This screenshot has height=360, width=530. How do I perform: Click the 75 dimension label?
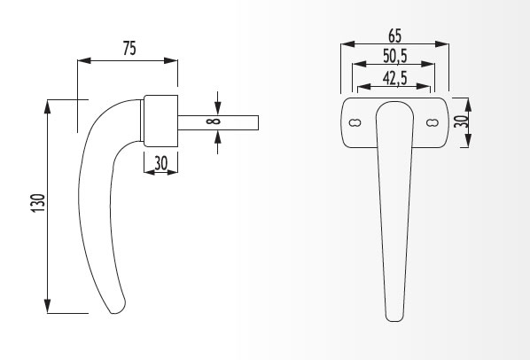[x=129, y=49]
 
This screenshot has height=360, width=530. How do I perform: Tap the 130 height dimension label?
[x=38, y=203]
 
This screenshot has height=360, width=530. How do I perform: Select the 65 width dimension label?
[x=394, y=35]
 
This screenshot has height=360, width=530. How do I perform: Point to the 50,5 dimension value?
[x=395, y=56]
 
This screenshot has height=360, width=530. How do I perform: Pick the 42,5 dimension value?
[x=394, y=78]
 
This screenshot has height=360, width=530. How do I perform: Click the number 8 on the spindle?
[x=214, y=121]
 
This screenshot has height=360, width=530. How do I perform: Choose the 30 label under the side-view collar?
[x=161, y=163]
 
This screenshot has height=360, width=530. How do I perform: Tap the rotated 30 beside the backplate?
[x=461, y=121]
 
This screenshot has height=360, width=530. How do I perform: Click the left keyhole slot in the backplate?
[x=355, y=122]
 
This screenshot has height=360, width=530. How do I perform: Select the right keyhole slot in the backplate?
[x=432, y=122]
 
